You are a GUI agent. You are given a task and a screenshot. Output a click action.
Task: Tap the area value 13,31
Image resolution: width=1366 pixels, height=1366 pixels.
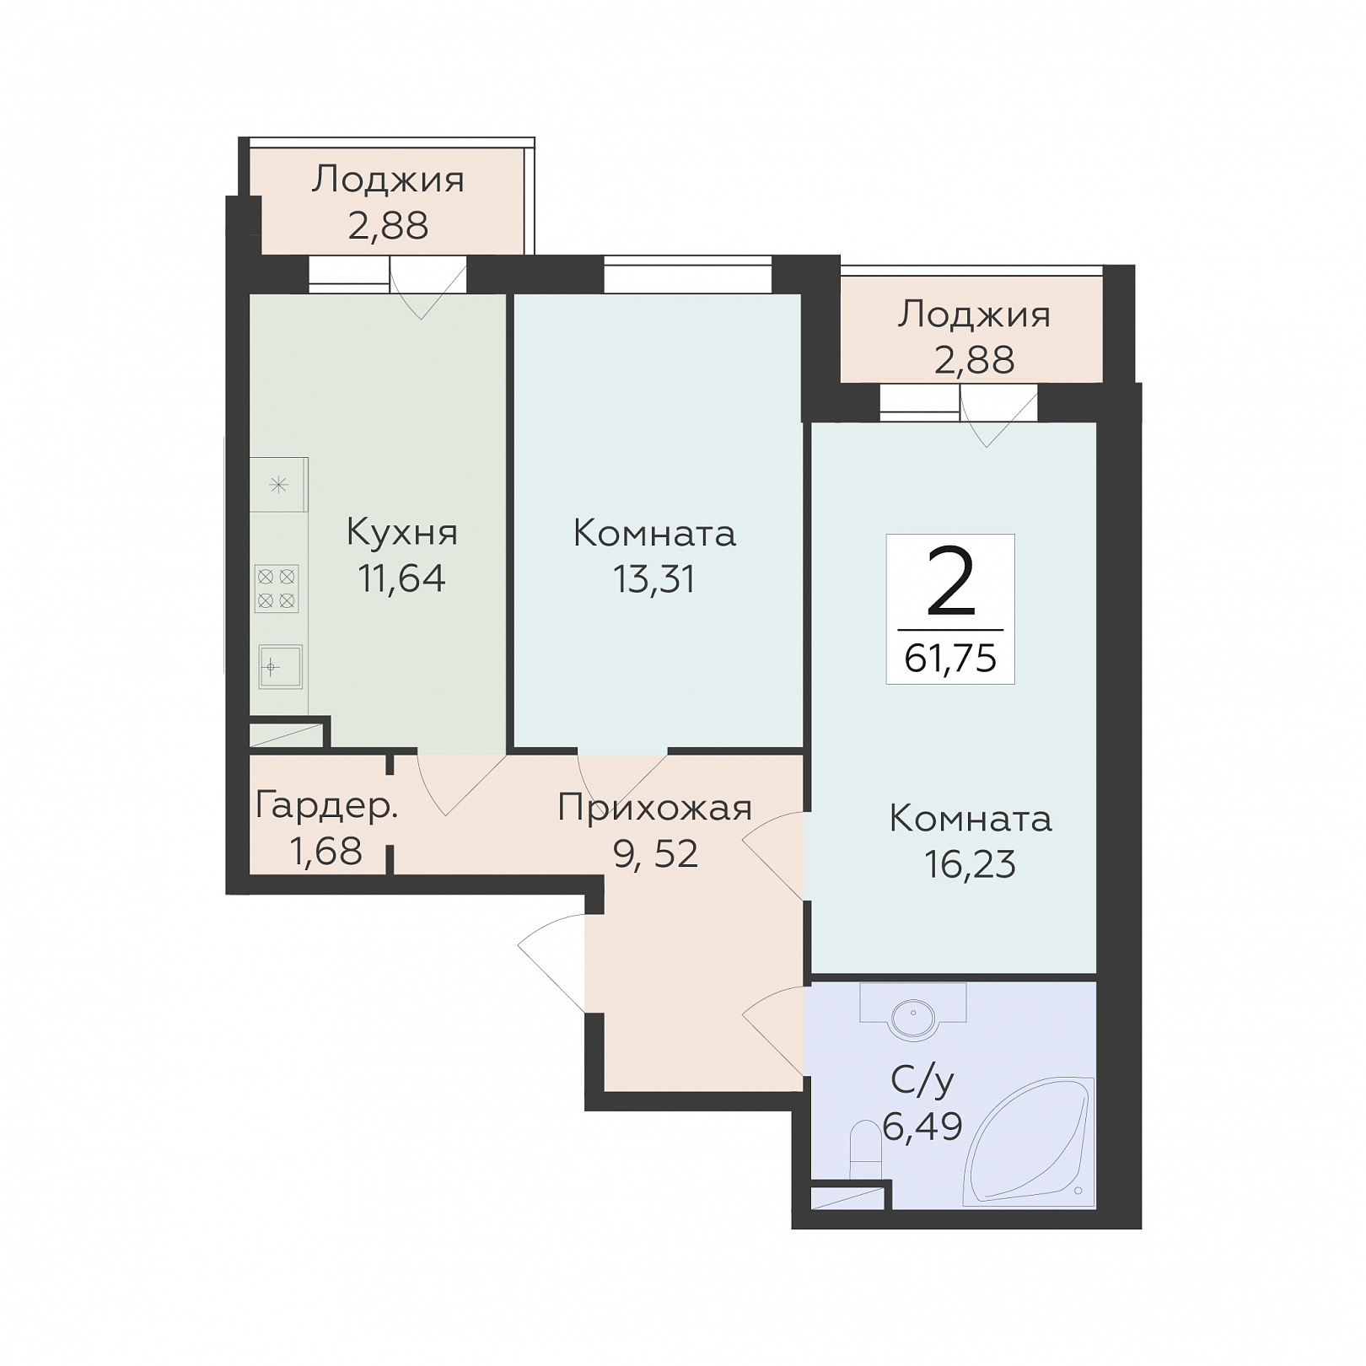(x=654, y=579)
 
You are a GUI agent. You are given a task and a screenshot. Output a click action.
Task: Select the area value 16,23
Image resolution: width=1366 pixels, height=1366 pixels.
(x=971, y=864)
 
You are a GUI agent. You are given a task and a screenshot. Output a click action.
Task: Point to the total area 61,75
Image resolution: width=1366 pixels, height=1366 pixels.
(x=950, y=659)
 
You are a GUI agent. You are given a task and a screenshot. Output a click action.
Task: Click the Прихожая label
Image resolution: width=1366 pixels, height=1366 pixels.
(x=655, y=809)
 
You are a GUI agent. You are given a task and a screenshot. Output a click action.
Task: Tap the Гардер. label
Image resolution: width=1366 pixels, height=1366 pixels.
(x=326, y=807)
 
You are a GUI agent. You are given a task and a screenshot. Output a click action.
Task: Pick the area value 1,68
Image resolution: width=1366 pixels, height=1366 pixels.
(x=326, y=852)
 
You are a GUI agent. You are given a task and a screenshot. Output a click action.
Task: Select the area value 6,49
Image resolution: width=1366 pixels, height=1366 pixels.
(x=922, y=1126)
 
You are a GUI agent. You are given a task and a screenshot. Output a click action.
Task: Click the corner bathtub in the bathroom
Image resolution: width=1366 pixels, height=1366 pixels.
(x=1030, y=1142)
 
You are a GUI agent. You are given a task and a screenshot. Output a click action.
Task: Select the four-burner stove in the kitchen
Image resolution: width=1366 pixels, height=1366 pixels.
(x=277, y=589)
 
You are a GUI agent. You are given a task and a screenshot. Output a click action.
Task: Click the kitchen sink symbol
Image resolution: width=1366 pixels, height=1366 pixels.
(x=280, y=668)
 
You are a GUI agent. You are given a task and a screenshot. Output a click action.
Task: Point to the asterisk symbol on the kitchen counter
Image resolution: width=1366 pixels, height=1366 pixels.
(x=278, y=485)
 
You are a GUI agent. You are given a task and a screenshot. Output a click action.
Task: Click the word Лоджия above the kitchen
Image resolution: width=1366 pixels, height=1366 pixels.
(x=388, y=180)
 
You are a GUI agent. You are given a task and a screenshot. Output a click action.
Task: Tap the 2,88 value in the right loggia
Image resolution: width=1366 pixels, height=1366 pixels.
(x=974, y=360)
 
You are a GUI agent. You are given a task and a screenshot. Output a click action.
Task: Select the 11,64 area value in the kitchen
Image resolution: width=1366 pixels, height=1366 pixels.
(x=401, y=579)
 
